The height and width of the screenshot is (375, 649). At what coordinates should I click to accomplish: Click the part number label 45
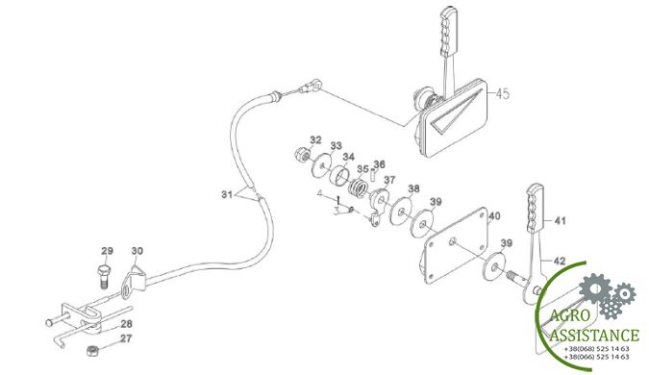[x=503, y=94]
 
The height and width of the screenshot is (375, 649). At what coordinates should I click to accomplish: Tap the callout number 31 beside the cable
[x=227, y=194]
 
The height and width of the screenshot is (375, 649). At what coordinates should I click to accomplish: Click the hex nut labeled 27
[x=92, y=351]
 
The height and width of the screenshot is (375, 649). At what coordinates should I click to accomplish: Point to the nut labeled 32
[x=300, y=155]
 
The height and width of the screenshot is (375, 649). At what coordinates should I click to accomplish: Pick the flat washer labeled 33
[x=321, y=165]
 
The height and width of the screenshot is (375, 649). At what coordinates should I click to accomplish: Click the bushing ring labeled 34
[x=340, y=176]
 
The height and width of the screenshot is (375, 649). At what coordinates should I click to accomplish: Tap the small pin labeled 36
[x=373, y=175]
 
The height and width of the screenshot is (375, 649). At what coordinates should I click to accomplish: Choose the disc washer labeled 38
[x=402, y=212]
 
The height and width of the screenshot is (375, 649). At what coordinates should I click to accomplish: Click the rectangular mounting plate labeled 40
[x=456, y=245]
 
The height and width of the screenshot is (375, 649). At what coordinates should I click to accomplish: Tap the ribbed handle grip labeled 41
[x=536, y=208]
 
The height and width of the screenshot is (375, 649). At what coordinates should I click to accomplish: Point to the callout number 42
[x=560, y=262]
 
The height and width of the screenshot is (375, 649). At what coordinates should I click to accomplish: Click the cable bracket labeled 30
[x=134, y=281]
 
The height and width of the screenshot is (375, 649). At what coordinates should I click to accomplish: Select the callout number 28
[x=127, y=323]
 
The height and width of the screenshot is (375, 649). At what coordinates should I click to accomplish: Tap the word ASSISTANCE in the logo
[x=593, y=335]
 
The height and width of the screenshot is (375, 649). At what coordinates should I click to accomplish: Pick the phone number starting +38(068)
[x=596, y=348]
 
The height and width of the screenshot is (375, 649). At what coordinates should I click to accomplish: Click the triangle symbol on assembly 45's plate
[x=456, y=112]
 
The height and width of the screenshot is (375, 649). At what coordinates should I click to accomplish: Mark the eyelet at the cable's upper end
[x=314, y=86]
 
